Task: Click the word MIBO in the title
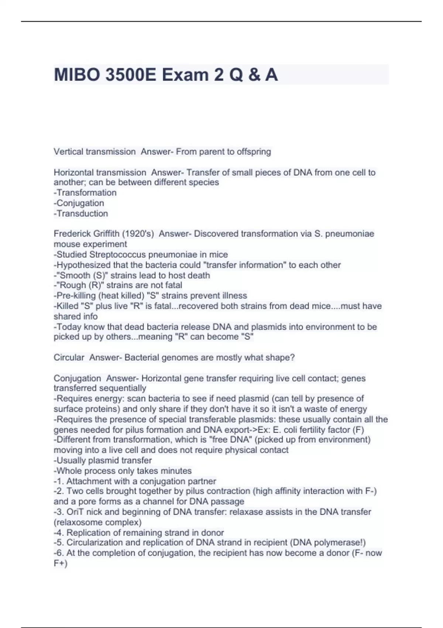(77, 75)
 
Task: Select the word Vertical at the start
(68, 151)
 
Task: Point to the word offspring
(254, 151)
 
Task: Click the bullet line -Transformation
(85, 192)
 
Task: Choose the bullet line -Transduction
(81, 213)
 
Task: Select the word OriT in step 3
(75, 512)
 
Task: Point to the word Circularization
(100, 542)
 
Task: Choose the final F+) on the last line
(61, 563)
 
